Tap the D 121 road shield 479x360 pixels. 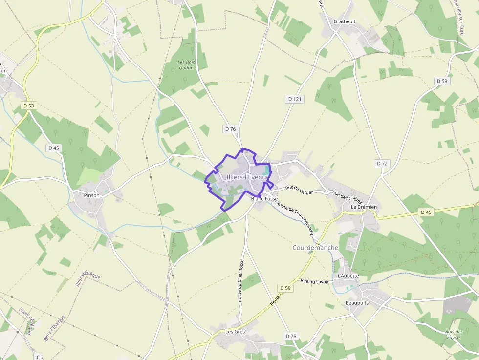[x=295, y=99]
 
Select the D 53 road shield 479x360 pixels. [x=29, y=106]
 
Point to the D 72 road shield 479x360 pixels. [x=382, y=163]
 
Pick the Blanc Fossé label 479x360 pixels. [x=264, y=199]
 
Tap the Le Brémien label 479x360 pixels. [x=364, y=207]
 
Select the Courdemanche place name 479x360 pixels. [x=315, y=248]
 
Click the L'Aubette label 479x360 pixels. [x=348, y=276]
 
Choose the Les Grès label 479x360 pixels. [x=235, y=331]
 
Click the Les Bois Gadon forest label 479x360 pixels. [x=186, y=65]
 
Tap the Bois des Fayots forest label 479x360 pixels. [x=454, y=335]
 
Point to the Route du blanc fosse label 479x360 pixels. [x=241, y=280]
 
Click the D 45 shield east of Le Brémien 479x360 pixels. [x=426, y=212]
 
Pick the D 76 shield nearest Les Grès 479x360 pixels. [x=290, y=336]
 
